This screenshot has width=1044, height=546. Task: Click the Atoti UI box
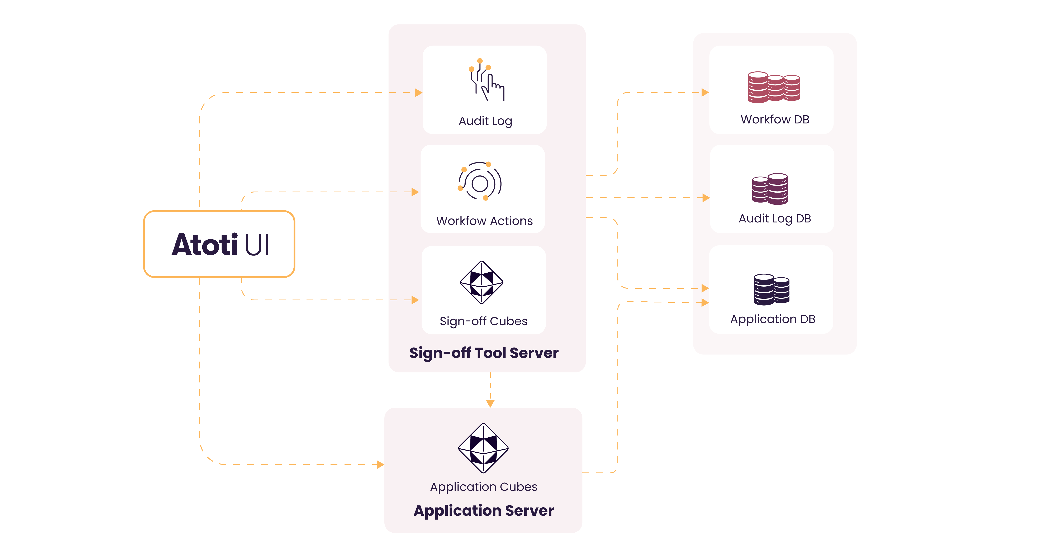[x=219, y=244]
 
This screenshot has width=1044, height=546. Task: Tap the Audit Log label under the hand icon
[x=485, y=121]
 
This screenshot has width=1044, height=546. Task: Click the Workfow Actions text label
[x=484, y=221]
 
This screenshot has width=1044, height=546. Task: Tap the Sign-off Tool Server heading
[x=484, y=353]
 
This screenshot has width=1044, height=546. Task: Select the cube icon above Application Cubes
[x=483, y=448]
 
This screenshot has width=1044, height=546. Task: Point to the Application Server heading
[x=484, y=510]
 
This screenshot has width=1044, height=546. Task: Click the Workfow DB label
[x=774, y=119]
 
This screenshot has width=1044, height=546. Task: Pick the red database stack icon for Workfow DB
[x=773, y=87]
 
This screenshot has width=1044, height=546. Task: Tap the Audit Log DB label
[x=774, y=218]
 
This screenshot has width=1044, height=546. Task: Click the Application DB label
[x=773, y=319]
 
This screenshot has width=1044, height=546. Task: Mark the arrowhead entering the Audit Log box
[x=418, y=93]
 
